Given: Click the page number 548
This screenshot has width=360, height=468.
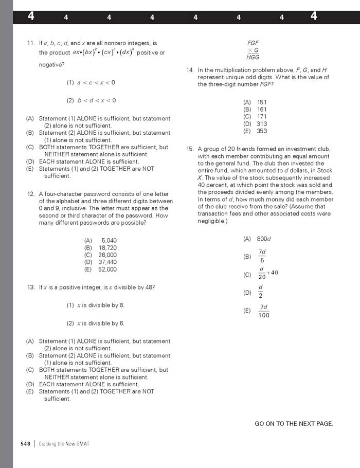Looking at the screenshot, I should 26,443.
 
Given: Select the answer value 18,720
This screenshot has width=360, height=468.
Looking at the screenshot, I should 107,247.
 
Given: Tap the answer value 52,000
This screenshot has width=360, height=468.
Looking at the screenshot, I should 107,269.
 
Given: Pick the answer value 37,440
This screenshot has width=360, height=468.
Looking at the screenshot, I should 107,262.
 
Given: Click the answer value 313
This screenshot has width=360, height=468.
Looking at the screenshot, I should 262,124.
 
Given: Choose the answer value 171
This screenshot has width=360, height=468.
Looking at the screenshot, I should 262,117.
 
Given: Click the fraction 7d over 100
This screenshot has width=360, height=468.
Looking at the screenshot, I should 263,311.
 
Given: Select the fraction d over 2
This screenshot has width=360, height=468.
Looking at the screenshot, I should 261,291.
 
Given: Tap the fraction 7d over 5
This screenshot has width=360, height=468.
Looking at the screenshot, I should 262,256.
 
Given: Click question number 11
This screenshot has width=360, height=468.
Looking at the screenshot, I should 30,43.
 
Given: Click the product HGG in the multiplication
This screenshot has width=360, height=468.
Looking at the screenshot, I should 253,58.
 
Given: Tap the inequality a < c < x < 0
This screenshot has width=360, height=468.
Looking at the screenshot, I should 96,82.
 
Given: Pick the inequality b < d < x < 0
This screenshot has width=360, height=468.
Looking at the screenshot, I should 96,100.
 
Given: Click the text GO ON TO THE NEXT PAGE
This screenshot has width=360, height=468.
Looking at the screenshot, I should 294,424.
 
